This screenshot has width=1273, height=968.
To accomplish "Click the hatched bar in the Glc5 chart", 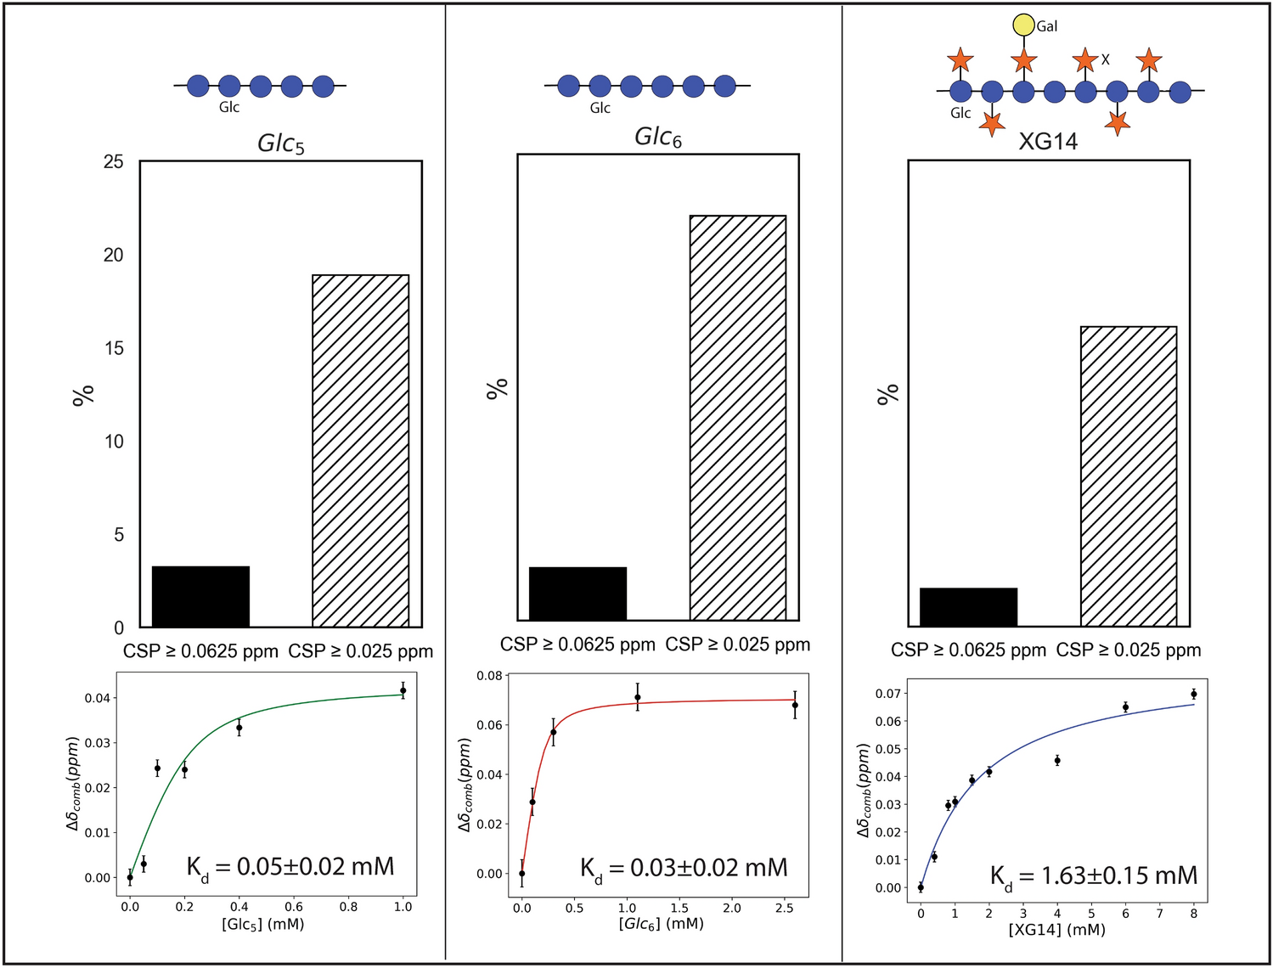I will pyautogui.click(x=360, y=450).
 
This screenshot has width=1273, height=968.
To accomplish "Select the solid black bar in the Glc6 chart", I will pyautogui.click(x=577, y=594).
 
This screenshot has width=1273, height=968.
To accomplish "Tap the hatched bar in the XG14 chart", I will pyautogui.click(x=1129, y=476).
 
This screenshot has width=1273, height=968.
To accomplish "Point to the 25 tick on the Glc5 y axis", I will pyautogui.click(x=113, y=161).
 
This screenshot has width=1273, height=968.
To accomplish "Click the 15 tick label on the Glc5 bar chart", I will pyautogui.click(x=113, y=348).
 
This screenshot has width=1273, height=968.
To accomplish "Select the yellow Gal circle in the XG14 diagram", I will pyautogui.click(x=1023, y=25).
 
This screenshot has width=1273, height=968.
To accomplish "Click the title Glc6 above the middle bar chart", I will pyautogui.click(x=658, y=138).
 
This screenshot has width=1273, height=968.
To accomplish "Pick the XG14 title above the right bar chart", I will pyautogui.click(x=1048, y=141).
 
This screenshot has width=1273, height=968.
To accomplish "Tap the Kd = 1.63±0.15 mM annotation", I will pyautogui.click(x=1094, y=876).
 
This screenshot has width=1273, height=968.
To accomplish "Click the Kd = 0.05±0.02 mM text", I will pyautogui.click(x=290, y=867).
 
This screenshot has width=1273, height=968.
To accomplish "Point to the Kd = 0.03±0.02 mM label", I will pyautogui.click(x=684, y=868).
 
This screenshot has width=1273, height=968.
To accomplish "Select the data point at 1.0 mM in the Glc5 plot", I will pyautogui.click(x=403, y=690).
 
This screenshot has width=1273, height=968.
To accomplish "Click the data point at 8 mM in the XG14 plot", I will pyautogui.click(x=1193, y=694).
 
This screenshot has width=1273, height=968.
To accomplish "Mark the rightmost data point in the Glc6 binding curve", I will pyautogui.click(x=795, y=705).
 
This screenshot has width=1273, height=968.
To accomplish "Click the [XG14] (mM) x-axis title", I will pyautogui.click(x=1056, y=930).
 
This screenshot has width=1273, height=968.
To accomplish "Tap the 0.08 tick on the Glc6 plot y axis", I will pyautogui.click(x=489, y=676).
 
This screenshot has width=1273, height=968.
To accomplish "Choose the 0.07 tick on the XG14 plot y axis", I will pyautogui.click(x=888, y=694).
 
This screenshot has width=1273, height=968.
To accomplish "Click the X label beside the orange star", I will pyautogui.click(x=1105, y=59).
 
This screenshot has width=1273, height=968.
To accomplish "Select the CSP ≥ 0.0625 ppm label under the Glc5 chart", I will pyautogui.click(x=200, y=651).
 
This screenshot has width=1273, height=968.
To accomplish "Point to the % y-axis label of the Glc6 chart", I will pyautogui.click(x=497, y=388).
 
